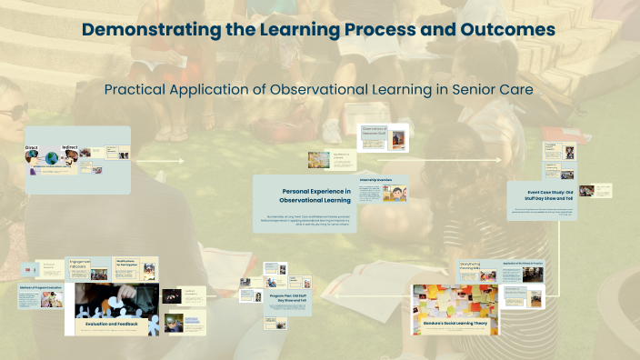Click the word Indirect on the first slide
click(70, 146)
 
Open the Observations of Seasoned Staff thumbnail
click(382, 137)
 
